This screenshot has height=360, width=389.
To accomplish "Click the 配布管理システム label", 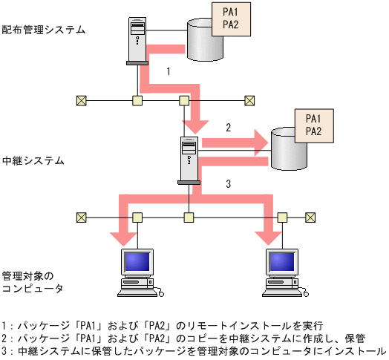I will click(44, 30).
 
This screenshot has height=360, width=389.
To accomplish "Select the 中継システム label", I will click(33, 160).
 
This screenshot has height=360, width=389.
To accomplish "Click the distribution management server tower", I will click(137, 41).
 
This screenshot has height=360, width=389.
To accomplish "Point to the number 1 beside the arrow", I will click(169, 72).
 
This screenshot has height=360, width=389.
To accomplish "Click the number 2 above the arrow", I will click(229, 128).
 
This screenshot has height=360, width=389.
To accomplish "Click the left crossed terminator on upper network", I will click(82, 99).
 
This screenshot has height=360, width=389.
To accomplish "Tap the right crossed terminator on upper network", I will click(250, 99).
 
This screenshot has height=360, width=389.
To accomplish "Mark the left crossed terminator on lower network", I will click(82, 217).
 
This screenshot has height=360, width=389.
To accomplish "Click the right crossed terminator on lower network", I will click(310, 217).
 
